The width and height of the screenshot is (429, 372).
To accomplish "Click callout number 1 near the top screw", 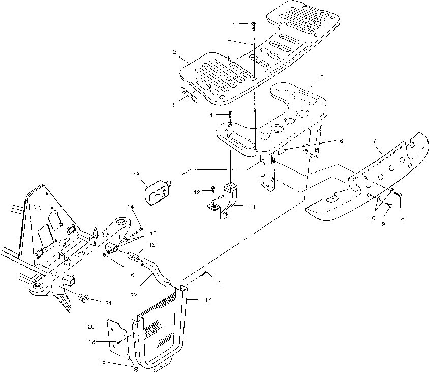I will click(234, 24).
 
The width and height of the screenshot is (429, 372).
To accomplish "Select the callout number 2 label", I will click(174, 52).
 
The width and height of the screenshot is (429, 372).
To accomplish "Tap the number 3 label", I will click(173, 104).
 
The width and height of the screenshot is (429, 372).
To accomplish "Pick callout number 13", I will click(136, 174).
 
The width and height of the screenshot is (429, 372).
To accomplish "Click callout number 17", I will click(208, 300).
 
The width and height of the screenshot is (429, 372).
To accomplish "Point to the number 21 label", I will click(108, 304).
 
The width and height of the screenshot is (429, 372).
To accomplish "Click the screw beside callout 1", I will click(253, 24).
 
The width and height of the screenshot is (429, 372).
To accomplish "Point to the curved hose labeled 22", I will click(157, 270).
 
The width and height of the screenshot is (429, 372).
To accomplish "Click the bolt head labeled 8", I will click(399, 195).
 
